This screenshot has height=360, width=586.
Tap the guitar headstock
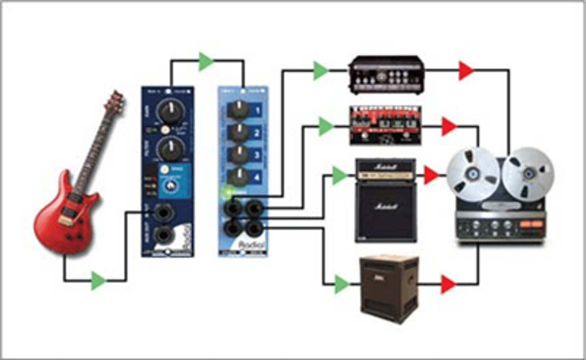(x=116, y=102)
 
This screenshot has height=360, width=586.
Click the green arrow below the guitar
(x=98, y=280)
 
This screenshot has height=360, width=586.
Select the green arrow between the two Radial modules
(x=206, y=61)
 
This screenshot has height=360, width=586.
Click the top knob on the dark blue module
(x=170, y=110)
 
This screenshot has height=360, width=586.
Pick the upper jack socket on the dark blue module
(x=164, y=213)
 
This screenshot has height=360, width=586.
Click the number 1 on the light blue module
(x=257, y=111)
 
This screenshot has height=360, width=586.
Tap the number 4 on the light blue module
(x=257, y=178)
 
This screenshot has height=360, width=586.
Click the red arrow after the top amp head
(x=466, y=71)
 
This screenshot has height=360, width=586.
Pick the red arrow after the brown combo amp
(x=448, y=284)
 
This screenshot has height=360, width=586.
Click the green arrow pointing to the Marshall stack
(x=340, y=175)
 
